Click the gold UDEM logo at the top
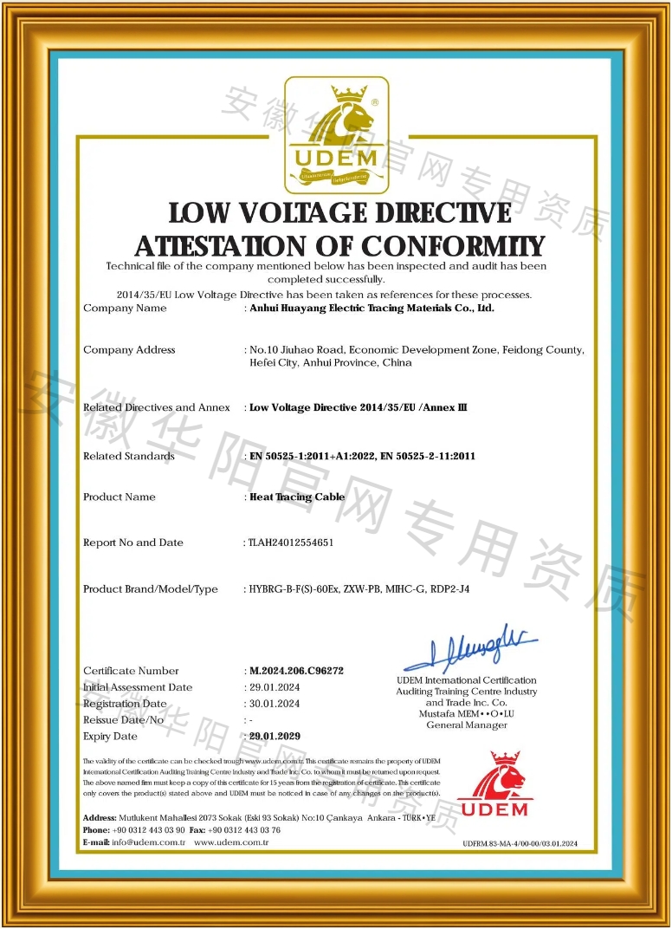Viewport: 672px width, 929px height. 336,135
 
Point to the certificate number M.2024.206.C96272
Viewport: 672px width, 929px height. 297,671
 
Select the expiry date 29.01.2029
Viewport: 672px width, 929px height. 275,736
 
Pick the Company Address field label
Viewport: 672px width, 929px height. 129,350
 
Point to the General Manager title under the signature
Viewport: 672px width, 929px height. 467,724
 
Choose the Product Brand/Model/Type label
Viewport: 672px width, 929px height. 151,589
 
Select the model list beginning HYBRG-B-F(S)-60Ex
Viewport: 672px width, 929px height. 359,589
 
